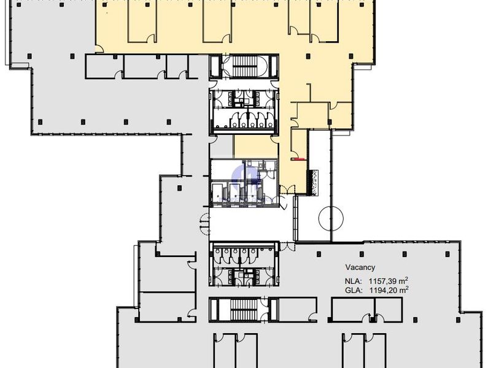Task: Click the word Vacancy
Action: (x=360, y=267)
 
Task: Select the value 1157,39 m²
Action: (x=389, y=280)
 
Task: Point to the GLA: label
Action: (x=354, y=290)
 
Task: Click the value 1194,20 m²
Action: (x=389, y=290)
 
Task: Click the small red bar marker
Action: (x=298, y=159)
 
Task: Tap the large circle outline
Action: (x=331, y=218)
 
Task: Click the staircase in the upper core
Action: (x=244, y=66)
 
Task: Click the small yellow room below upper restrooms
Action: (x=256, y=147)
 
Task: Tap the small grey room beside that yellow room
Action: (x=222, y=147)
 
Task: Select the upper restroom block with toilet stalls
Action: (x=244, y=110)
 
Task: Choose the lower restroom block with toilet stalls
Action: (x=244, y=264)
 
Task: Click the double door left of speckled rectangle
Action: (x=287, y=190)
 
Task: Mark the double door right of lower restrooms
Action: (x=287, y=247)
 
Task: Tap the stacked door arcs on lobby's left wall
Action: (x=205, y=223)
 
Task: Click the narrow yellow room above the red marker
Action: (x=299, y=144)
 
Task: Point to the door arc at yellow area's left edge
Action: (x=99, y=49)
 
